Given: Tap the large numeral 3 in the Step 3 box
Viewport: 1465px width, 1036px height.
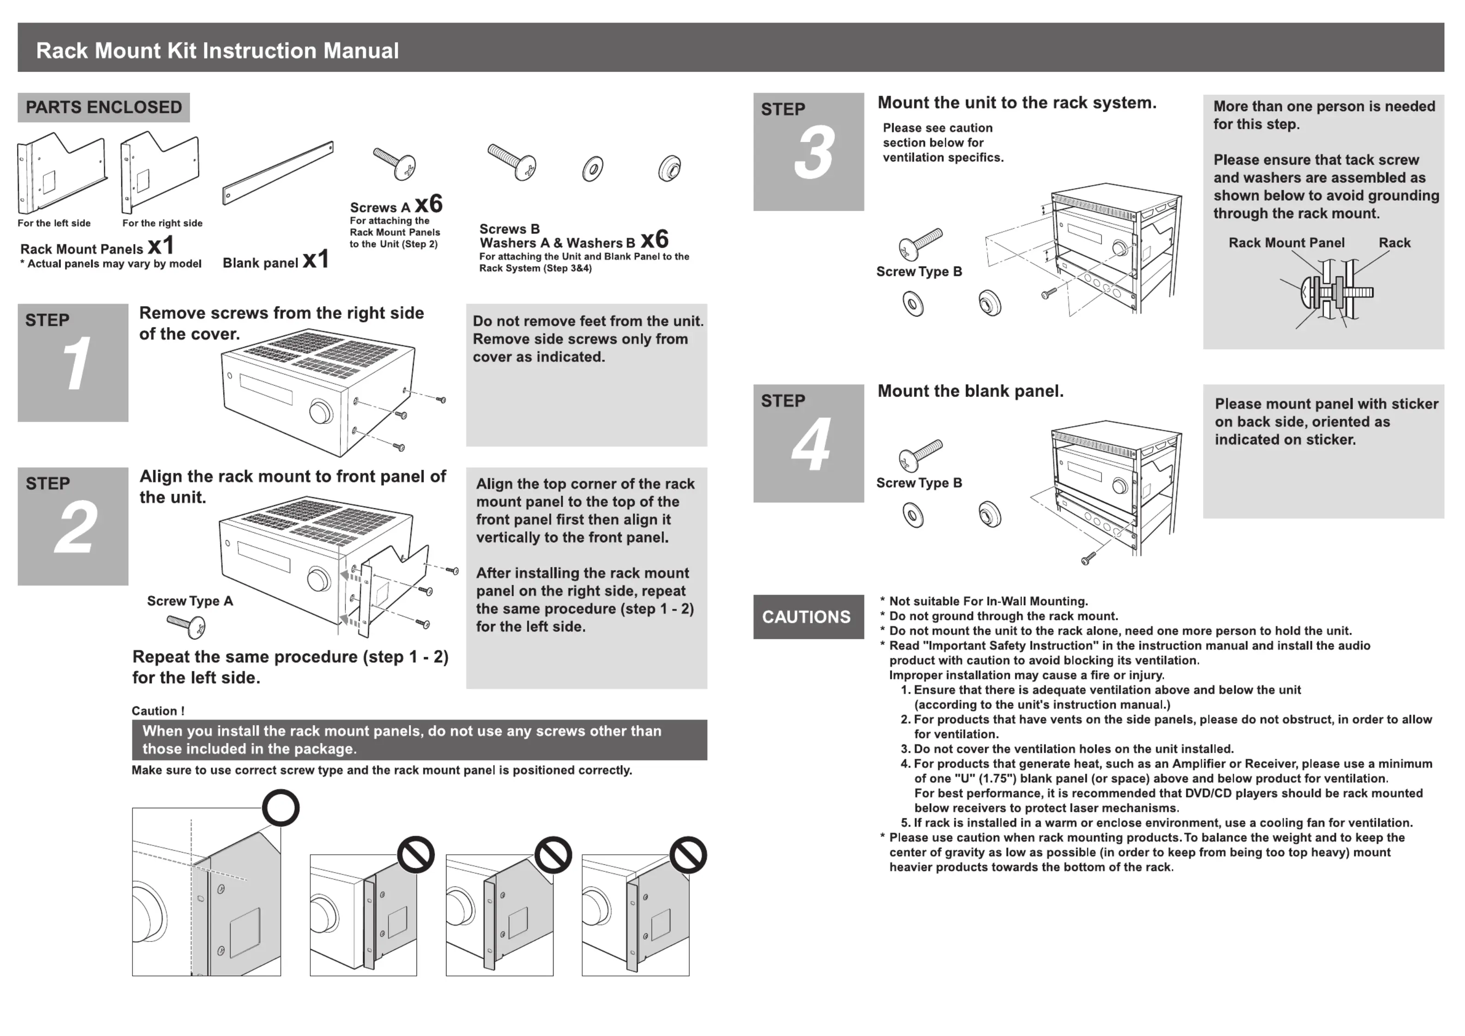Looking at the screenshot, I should coord(814,153).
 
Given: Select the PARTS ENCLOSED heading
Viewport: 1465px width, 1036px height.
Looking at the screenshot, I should coord(103,107).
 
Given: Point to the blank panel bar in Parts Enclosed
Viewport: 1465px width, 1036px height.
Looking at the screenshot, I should coord(278,173).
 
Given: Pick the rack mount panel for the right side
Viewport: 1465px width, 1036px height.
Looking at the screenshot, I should coord(160,172).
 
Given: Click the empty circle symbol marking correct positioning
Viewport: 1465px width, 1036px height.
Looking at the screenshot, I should coord(281,808).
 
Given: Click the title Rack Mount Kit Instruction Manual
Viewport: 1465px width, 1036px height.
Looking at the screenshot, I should coord(217,50).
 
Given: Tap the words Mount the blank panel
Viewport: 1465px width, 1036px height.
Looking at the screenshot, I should coord(971,391).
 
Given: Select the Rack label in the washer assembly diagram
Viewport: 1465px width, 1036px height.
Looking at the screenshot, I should coord(1394,243).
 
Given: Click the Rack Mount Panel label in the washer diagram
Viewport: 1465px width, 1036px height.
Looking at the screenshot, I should coord(1286,243).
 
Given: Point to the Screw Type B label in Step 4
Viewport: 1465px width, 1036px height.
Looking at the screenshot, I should coord(919,483).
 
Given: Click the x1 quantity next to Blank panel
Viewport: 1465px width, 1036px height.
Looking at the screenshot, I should coord(316,259).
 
